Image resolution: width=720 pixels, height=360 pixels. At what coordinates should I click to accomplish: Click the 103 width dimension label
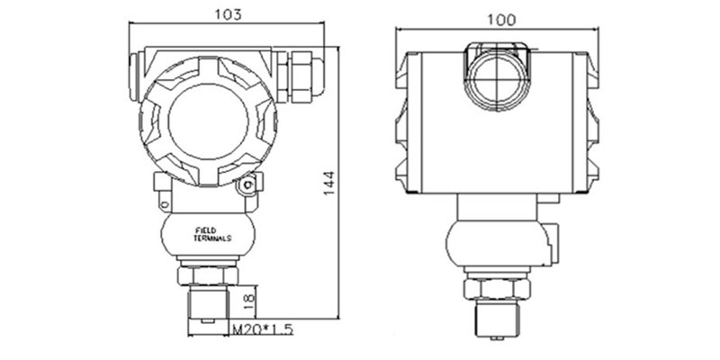(x=229, y=14)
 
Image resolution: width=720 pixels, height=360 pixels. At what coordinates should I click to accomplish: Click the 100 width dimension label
(x=501, y=20)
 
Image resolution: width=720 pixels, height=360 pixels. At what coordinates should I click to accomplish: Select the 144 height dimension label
(x=328, y=184)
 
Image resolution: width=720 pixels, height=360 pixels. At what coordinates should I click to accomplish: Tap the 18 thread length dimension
(x=248, y=301)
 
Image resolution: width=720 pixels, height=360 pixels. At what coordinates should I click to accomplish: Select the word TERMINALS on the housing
(x=212, y=238)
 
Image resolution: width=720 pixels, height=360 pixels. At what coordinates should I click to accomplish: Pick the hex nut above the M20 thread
(x=208, y=275)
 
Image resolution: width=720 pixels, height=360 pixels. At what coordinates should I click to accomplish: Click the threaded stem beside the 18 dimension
(x=209, y=303)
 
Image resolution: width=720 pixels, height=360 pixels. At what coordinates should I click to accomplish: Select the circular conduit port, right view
(x=498, y=79)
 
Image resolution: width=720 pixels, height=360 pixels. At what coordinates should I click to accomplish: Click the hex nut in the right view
(x=498, y=289)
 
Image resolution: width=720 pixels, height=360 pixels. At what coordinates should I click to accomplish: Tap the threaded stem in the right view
(x=498, y=319)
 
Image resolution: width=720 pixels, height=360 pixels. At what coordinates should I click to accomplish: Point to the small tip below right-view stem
(x=498, y=338)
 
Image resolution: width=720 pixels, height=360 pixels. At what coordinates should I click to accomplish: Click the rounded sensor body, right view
(x=499, y=243)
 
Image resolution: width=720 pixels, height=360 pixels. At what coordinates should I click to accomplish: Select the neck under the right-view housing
(x=497, y=207)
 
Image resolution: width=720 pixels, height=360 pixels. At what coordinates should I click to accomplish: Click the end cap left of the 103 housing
(x=133, y=76)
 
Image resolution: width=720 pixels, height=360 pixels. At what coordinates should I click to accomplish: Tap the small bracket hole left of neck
(x=164, y=203)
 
